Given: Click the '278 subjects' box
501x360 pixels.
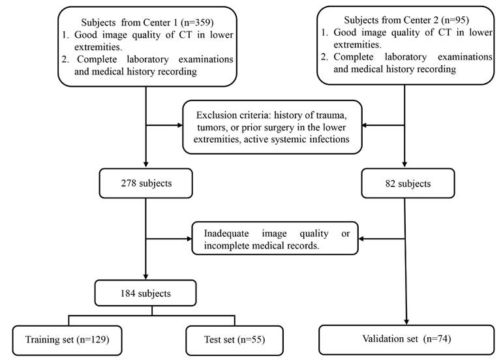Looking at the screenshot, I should pyautogui.click(x=145, y=183).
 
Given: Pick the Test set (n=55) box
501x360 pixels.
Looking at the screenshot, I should pyautogui.click(x=226, y=339).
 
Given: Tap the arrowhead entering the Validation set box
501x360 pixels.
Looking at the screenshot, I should pyautogui.click(x=407, y=322).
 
